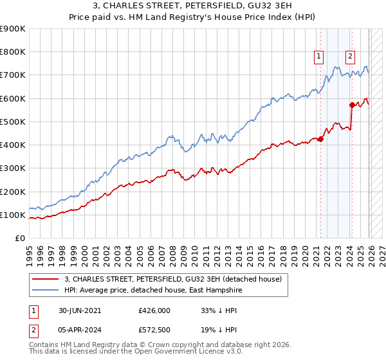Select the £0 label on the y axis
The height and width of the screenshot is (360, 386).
[x=19, y=239]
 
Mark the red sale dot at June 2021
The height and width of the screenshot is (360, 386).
[x=321, y=139]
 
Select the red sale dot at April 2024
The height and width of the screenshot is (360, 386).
[x=352, y=105]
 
